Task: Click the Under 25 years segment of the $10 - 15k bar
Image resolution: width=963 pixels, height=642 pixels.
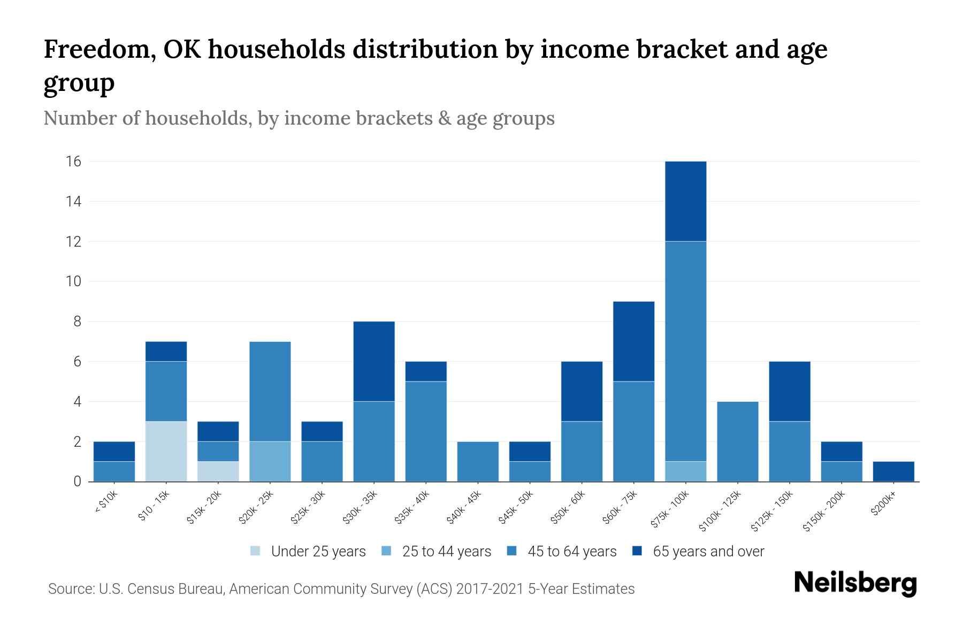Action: [166, 451]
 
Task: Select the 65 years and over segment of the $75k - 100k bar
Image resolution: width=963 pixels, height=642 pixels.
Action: [685, 201]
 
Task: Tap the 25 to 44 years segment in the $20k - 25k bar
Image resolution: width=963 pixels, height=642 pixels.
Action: [270, 461]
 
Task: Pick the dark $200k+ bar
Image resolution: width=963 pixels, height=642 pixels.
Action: [893, 471]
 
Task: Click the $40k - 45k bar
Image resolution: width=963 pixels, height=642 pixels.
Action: [478, 461]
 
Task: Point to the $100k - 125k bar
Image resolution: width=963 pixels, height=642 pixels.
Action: [737, 441]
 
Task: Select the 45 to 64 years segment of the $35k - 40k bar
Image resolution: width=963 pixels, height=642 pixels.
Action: [426, 431]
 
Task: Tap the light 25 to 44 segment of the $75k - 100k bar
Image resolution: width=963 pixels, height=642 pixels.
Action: [685, 471]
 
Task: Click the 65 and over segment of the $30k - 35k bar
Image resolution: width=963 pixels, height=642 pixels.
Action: [374, 361]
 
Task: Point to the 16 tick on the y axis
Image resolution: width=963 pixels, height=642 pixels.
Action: [74, 162]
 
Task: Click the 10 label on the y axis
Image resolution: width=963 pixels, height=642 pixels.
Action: [74, 281]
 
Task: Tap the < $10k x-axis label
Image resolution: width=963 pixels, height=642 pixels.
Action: [106, 503]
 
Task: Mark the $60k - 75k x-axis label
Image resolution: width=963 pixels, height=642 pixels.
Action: [620, 507]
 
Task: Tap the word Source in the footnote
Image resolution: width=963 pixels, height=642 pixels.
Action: [70, 589]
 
